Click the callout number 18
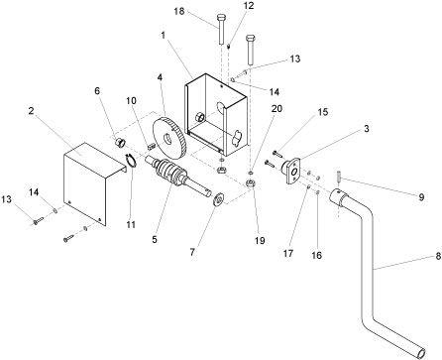pos(179,11)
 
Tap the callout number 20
pos(276,108)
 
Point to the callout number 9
pos(421,197)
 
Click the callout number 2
pos(31,111)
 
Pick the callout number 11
pos(131,224)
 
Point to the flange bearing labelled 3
pos(291,171)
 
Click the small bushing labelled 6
pos(119,143)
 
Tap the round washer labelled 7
pos(218,199)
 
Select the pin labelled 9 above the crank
pos(339,177)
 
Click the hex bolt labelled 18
pos(221,29)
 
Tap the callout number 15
pos(323,112)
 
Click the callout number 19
pos(260,241)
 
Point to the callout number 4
pos(160,78)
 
